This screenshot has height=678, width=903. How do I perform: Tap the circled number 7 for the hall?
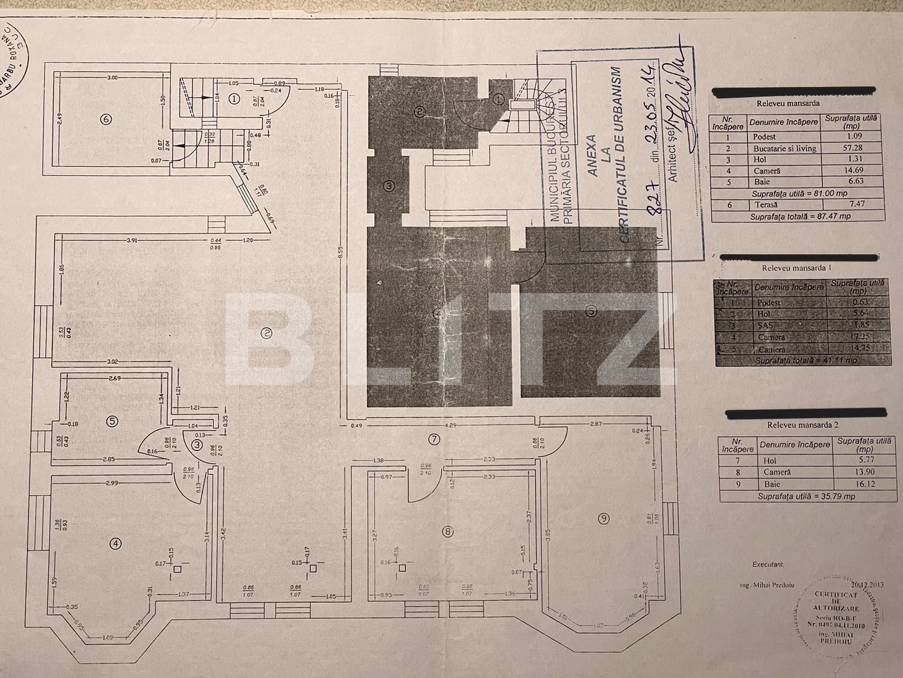tap(449, 438)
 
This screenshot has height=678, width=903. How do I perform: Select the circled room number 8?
tap(448, 531)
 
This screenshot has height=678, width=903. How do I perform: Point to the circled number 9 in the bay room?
tap(604, 518)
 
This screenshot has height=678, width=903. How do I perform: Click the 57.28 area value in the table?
tap(852, 148)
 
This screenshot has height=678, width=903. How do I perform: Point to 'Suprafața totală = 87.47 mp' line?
tap(800, 216)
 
